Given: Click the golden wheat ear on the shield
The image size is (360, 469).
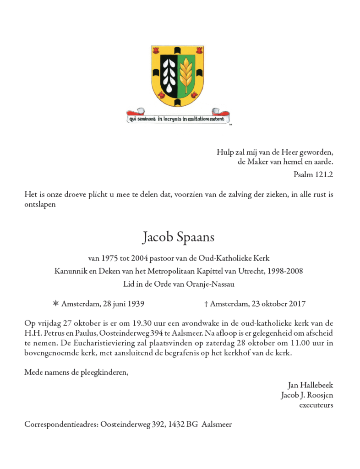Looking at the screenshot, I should point(186,73).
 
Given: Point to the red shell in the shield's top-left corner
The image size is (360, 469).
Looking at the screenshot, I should point(156,49).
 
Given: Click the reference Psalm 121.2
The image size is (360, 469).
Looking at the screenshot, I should point(313,174).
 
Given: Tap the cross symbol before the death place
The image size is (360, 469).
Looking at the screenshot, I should point(206,304).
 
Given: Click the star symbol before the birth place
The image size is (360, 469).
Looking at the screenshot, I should point(56,304).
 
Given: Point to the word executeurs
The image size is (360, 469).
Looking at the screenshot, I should point(316,405).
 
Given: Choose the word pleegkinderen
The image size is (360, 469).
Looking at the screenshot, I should point(102,372).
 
